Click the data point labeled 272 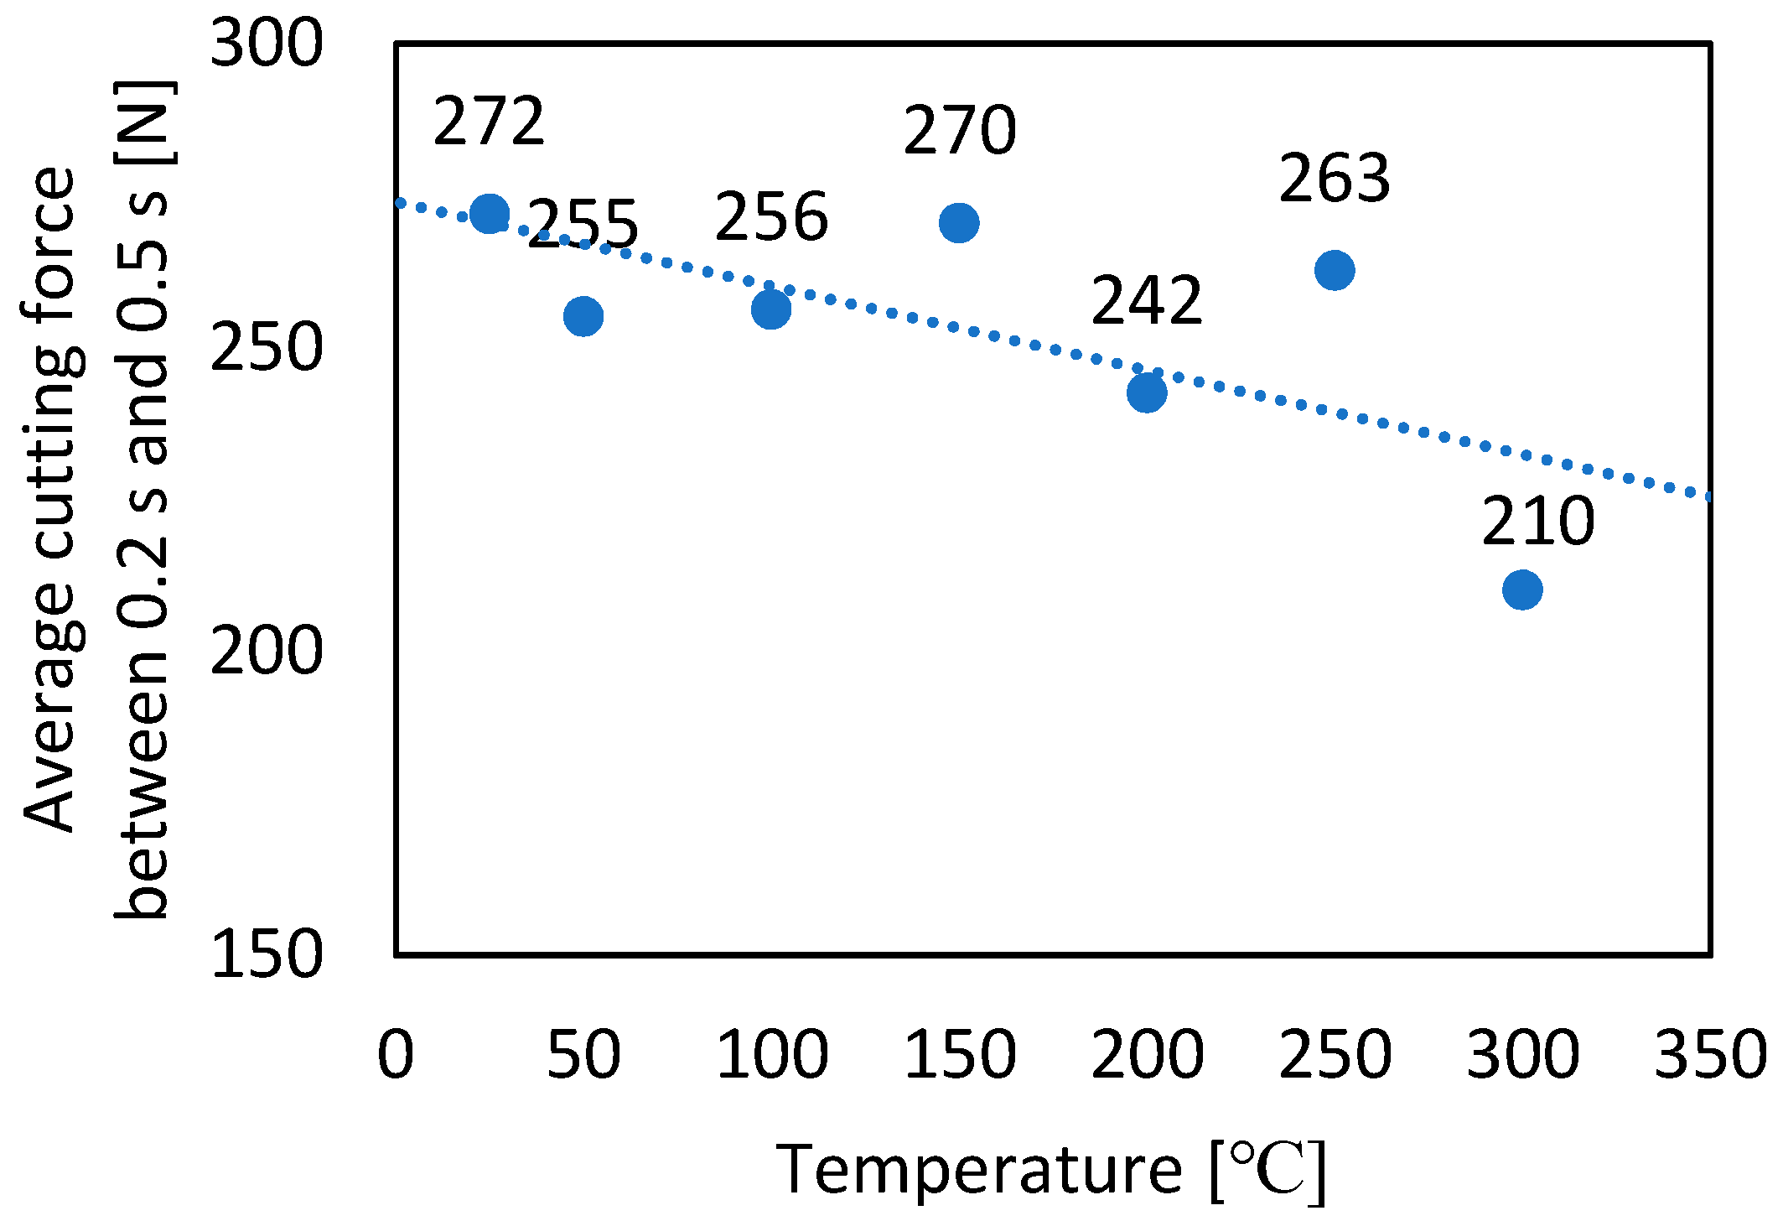tap(490, 213)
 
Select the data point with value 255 tap(583, 316)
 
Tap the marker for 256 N tap(771, 309)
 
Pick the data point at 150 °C tap(959, 223)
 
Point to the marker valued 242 tap(1147, 392)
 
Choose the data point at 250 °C tap(1335, 270)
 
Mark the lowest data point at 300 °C tap(1522, 590)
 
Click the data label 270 tap(960, 131)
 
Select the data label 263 tap(1335, 179)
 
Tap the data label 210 tap(1537, 522)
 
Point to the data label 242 tap(1147, 300)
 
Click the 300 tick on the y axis tap(267, 44)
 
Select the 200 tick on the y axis tap(267, 652)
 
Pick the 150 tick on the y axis tap(267, 954)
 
